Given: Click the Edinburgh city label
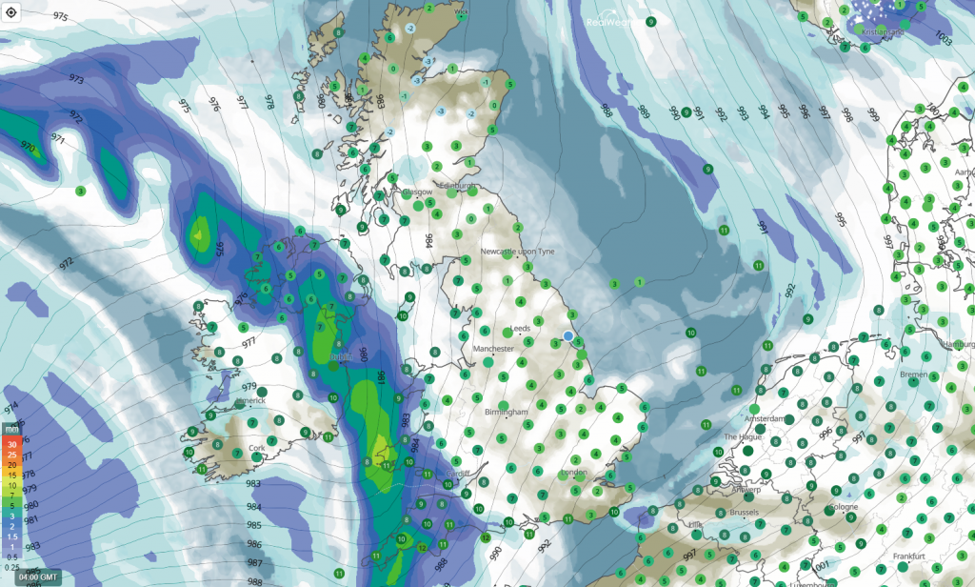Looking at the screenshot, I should point(455,186).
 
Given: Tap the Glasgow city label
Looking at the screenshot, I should point(418,192).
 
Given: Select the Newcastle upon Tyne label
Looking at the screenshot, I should point(517,252).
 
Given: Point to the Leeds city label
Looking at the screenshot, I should point(521,329).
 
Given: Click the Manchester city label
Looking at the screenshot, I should point(493,349).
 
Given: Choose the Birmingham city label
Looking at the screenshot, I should point(506,412).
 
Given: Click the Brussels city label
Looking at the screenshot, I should point(743,512).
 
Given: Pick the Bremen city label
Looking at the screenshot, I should point(913,374).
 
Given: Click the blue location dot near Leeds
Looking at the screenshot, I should point(568,336).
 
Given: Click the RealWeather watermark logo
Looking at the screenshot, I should point(615,21).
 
